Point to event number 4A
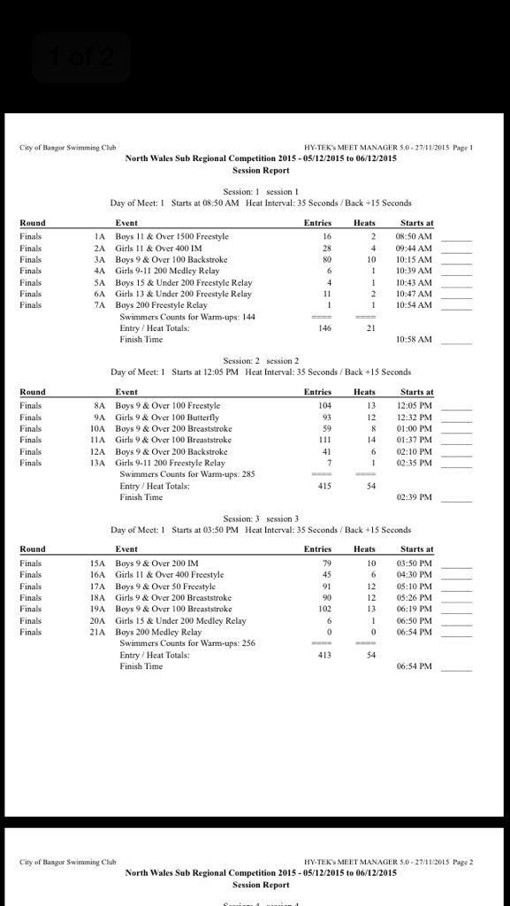coord(100,272)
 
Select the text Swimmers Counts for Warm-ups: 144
coord(187,317)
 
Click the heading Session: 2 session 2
coord(261,361)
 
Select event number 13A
coord(98,463)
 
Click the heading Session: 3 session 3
coord(261,518)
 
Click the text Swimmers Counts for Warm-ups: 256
coord(187,643)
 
